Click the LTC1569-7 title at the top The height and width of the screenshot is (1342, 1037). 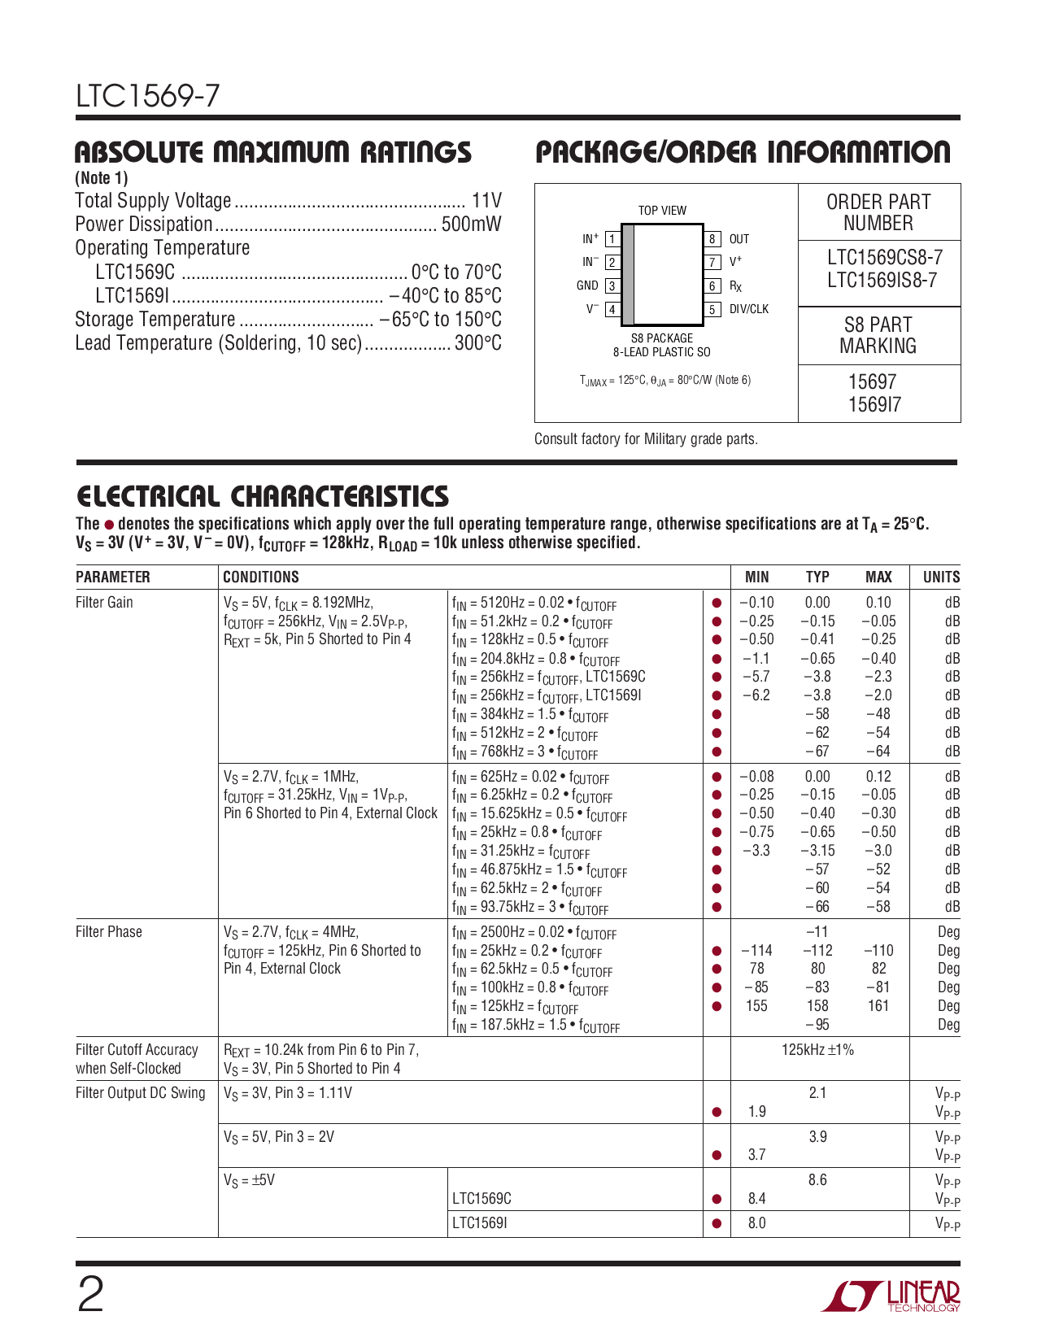(x=147, y=97)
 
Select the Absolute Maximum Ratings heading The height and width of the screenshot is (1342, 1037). (x=272, y=152)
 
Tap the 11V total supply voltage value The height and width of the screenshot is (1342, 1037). (x=486, y=201)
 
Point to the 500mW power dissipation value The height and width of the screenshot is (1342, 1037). (x=471, y=224)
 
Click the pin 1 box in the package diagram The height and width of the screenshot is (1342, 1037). (x=612, y=239)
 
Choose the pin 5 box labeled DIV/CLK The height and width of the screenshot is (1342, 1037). (x=712, y=309)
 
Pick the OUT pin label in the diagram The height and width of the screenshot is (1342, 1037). (x=739, y=239)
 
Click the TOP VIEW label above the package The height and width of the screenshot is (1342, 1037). (x=662, y=211)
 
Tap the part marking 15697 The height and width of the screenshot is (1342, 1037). (x=872, y=381)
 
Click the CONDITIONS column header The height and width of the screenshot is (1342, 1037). (x=261, y=577)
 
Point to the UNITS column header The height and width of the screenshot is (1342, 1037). (x=941, y=577)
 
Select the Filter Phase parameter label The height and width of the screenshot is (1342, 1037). (x=108, y=932)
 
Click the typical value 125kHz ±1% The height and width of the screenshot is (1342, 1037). (x=817, y=1050)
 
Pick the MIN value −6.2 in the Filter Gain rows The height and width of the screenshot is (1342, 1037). (x=756, y=695)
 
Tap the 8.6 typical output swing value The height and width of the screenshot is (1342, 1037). (x=817, y=1180)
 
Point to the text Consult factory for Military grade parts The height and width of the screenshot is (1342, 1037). (x=646, y=439)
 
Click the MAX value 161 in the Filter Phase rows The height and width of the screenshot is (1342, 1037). (x=878, y=1006)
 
